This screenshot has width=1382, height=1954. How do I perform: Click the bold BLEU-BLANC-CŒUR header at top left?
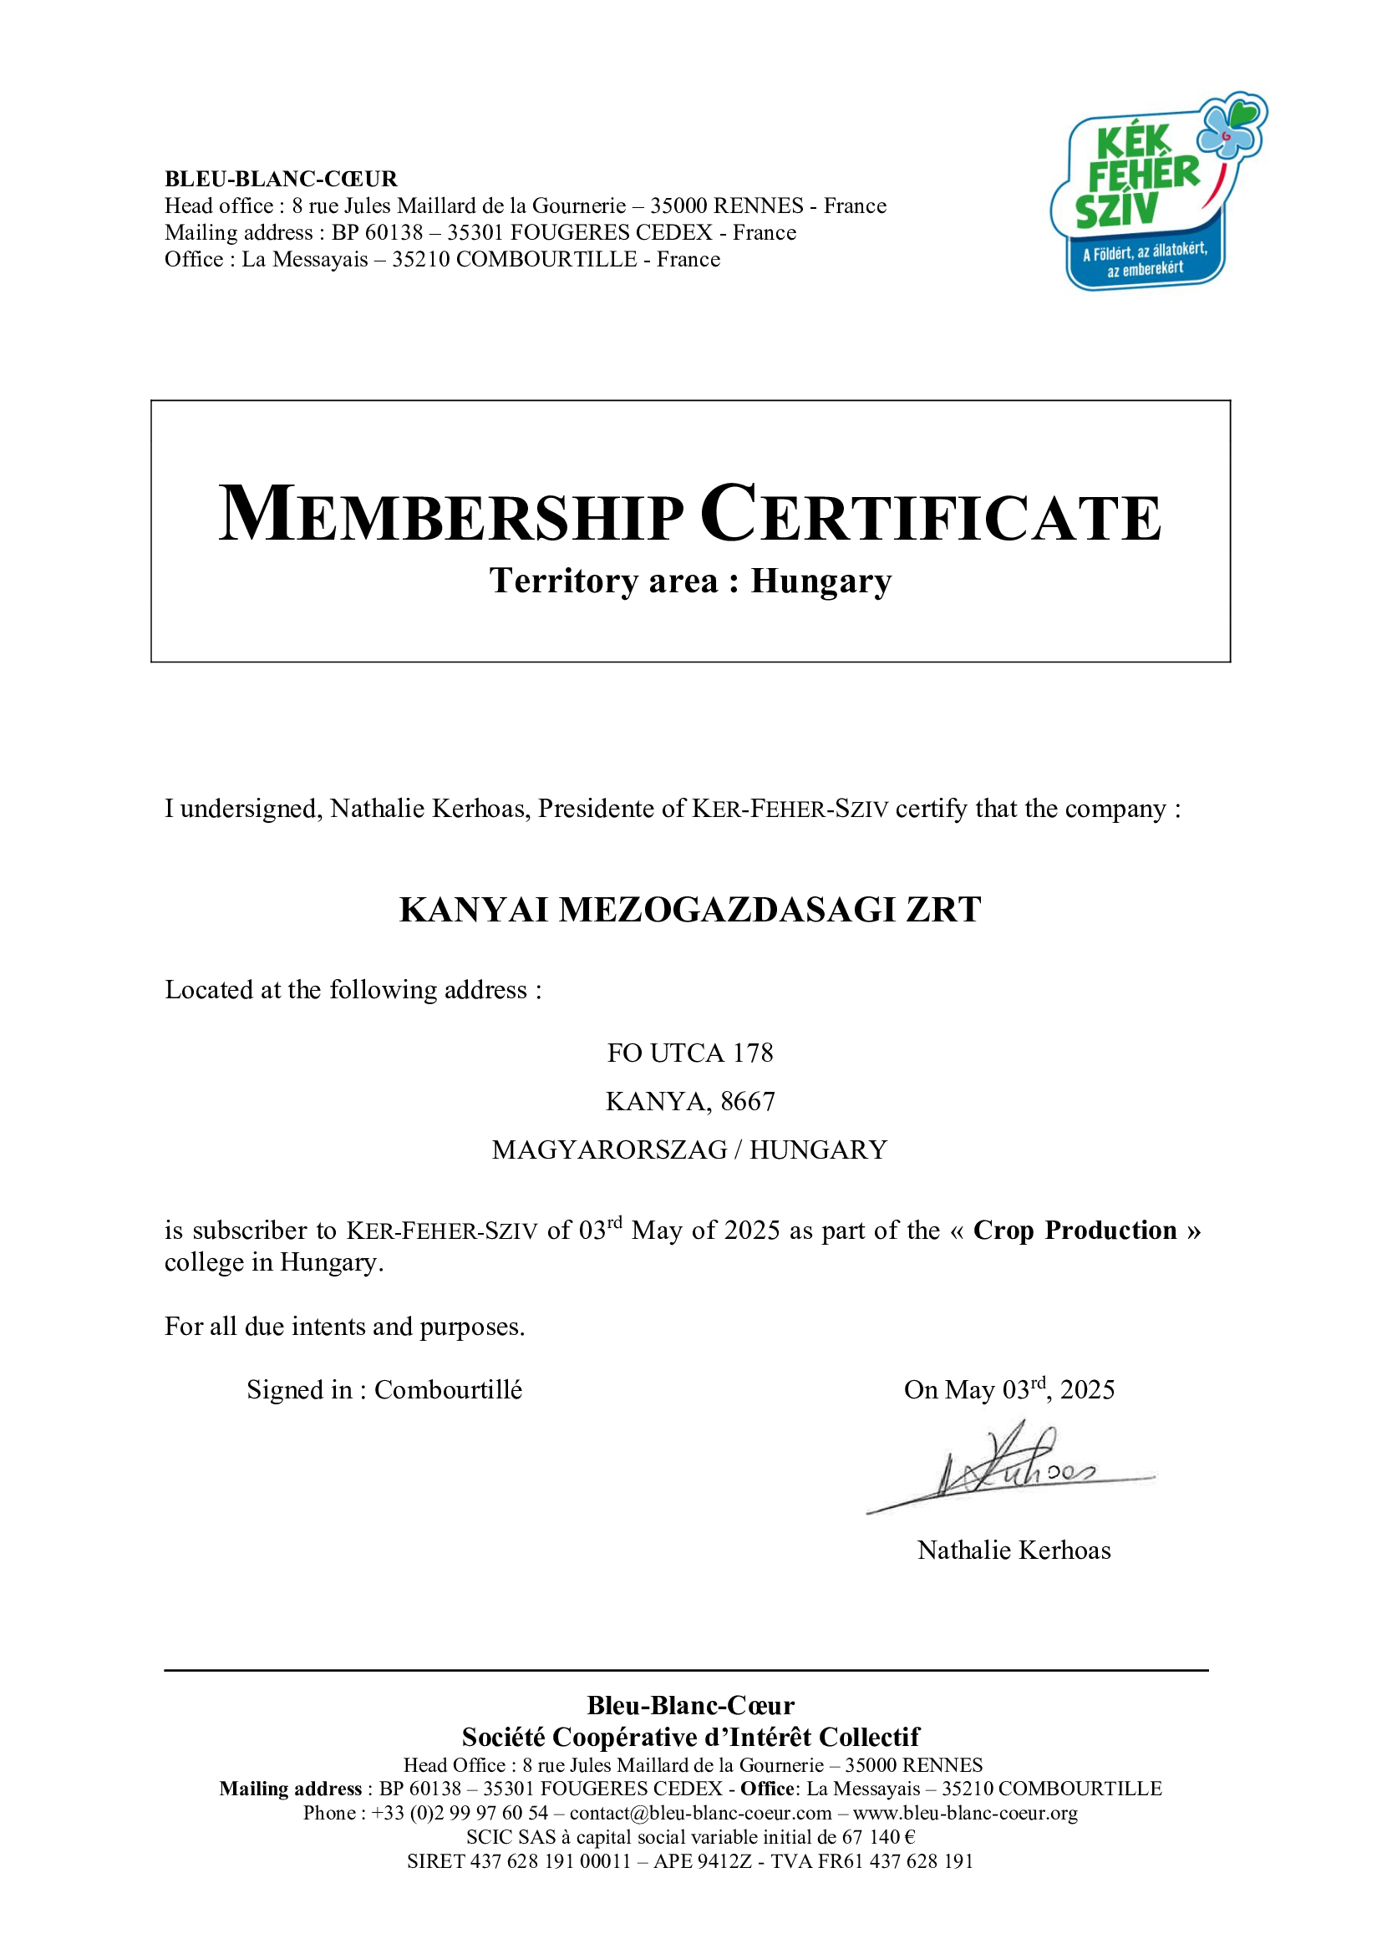coord(281,179)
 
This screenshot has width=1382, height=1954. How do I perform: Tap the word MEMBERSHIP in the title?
coord(451,515)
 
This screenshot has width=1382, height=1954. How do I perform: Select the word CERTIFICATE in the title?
coord(931,515)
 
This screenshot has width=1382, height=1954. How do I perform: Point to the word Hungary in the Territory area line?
coord(821,581)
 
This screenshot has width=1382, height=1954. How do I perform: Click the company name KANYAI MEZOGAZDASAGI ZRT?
coord(690,910)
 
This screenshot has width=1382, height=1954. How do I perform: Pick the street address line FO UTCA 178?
coord(690,1053)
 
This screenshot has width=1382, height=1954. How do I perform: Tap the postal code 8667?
coord(748,1101)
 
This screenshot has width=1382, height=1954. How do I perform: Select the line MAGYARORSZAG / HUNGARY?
coord(690,1150)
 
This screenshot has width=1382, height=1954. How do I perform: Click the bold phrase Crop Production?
coord(1075,1230)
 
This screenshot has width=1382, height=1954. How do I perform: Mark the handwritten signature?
coord(1013,1467)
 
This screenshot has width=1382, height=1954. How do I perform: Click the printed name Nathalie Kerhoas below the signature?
coord(1014,1550)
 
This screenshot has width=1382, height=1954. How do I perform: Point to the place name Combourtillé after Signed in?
coord(449,1390)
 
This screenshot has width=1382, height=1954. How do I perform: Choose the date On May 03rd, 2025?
coord(1009,1390)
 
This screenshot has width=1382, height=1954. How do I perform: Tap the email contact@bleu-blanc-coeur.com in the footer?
coord(700,1813)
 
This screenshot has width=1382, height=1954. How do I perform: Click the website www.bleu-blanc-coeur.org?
coord(965,1813)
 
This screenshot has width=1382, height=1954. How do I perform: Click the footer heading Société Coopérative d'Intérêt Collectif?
coord(690,1737)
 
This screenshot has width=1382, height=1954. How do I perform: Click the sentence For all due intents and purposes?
coord(344,1327)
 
